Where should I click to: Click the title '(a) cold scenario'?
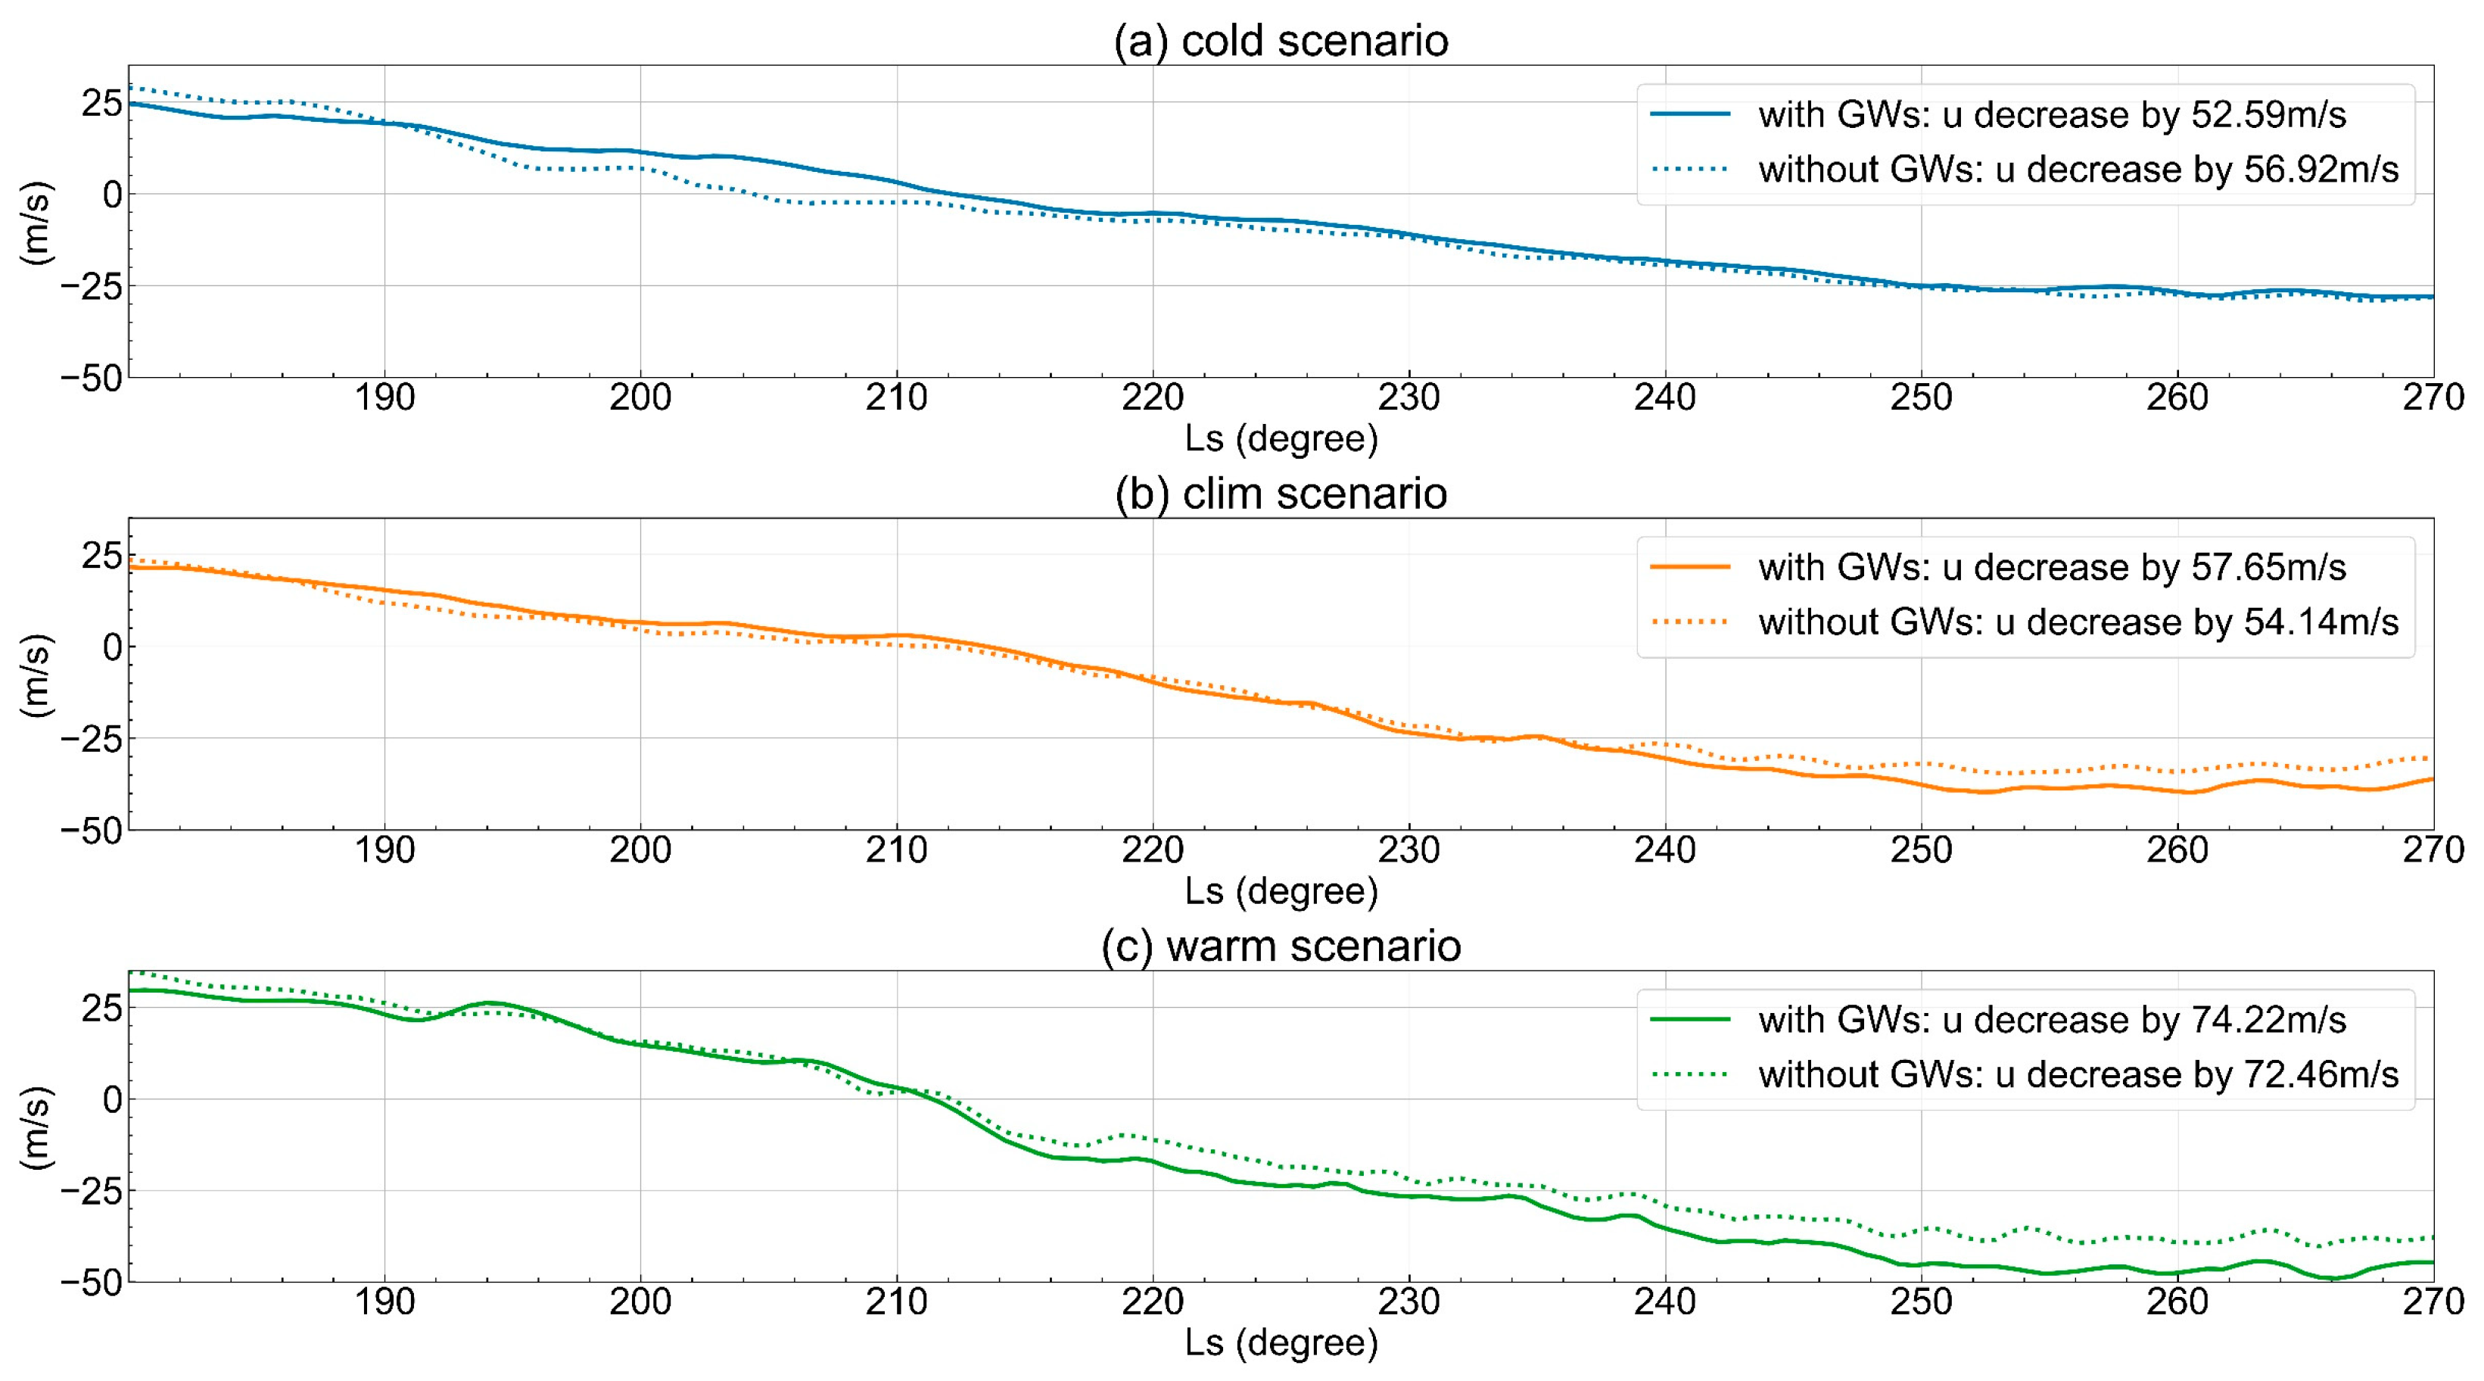pyautogui.click(x=1281, y=40)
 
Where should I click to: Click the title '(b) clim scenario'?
pyautogui.click(x=1281, y=494)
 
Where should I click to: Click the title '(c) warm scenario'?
pyautogui.click(x=1281, y=946)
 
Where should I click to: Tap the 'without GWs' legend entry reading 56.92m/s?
pyautogui.click(x=2078, y=170)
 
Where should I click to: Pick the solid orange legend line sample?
pyautogui.click(x=1690, y=567)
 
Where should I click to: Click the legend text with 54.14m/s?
pyautogui.click(x=2078, y=622)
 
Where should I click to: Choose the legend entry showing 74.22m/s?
pyautogui.click(x=2051, y=1019)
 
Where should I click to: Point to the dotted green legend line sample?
pyautogui.click(x=1690, y=1074)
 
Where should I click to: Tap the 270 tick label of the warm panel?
pyautogui.click(x=2432, y=1302)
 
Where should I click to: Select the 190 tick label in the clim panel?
pyautogui.click(x=384, y=849)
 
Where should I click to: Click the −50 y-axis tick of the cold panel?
pyautogui.click(x=92, y=378)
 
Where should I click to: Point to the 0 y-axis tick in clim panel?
pyautogui.click(x=112, y=647)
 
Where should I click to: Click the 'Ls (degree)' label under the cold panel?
pyautogui.click(x=1281, y=439)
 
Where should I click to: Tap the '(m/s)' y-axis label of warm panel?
pyautogui.click(x=36, y=1127)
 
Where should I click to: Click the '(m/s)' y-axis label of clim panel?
pyautogui.click(x=36, y=675)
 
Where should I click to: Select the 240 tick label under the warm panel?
pyautogui.click(x=1664, y=1302)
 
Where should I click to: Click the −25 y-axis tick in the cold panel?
pyautogui.click(x=92, y=286)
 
